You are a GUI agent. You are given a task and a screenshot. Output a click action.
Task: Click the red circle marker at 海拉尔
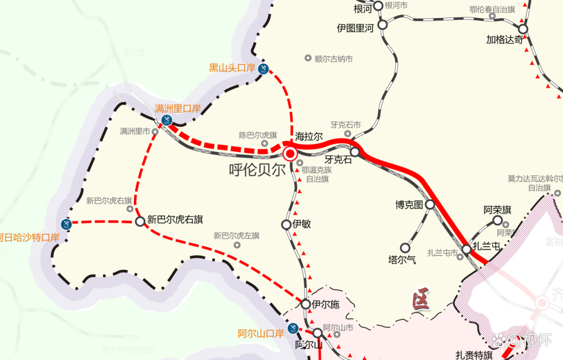click(x=291, y=153)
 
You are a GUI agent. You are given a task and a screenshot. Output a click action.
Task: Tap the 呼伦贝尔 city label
click(x=258, y=171)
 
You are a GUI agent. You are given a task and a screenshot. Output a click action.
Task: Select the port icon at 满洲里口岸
click(x=167, y=120)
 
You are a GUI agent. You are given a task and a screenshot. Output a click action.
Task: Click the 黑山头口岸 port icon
click(x=263, y=69)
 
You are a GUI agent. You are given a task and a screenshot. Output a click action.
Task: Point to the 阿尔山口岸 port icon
click(x=292, y=328)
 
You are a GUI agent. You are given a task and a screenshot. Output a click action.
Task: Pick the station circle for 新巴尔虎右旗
click(x=140, y=221)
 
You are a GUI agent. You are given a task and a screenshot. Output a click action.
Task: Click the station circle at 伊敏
click(x=287, y=225)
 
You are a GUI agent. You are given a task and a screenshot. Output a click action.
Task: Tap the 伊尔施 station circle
click(x=306, y=304)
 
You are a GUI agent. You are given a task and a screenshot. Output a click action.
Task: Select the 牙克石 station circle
click(x=355, y=152)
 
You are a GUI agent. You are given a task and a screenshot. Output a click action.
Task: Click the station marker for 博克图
click(x=430, y=205)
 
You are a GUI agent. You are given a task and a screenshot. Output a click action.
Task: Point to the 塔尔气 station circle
click(x=405, y=247)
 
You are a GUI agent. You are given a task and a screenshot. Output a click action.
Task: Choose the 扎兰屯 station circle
click(x=467, y=249)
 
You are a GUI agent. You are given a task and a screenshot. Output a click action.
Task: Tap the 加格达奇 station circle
click(x=523, y=29)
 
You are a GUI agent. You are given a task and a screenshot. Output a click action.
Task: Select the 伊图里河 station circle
click(x=383, y=25)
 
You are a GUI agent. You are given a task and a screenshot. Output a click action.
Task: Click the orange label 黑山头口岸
click(x=232, y=68)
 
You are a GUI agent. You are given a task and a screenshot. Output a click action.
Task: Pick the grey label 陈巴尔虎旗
click(x=258, y=135)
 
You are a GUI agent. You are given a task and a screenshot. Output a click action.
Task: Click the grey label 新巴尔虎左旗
click(x=236, y=235)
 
